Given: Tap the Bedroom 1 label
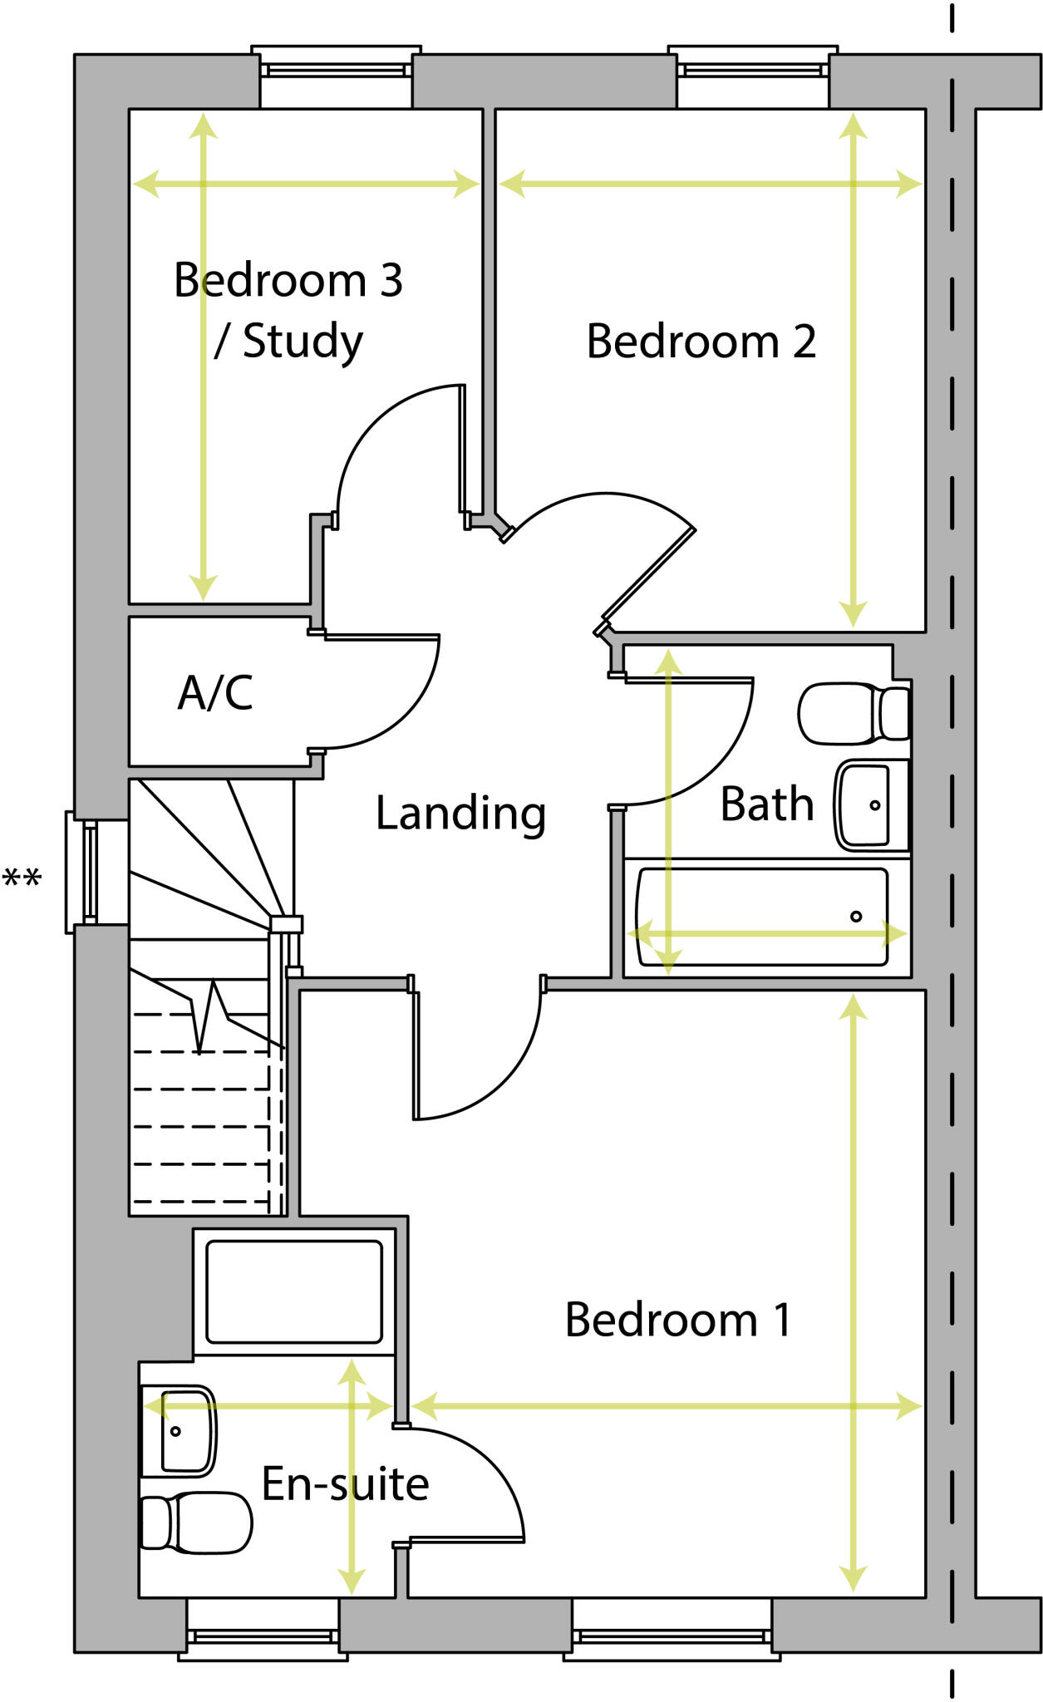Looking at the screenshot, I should point(678,1320).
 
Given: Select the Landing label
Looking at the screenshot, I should point(460,813).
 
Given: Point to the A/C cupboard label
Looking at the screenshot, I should point(215,692).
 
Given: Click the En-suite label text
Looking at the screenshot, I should point(345,1484).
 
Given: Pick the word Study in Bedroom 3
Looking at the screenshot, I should point(303,342).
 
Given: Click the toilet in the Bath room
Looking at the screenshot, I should point(854,713).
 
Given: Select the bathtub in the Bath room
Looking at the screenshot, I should point(761,917).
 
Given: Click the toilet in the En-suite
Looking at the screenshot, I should point(196,1523).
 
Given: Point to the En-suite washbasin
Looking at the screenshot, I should point(179,1430).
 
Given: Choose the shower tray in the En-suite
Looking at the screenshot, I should point(293,1291).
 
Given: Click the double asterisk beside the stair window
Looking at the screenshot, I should point(22,878).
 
